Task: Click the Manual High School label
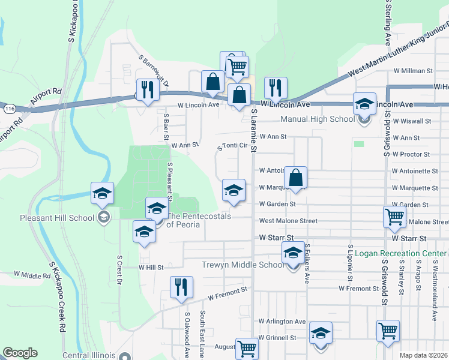tap(318, 119)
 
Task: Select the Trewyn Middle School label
tap(243, 265)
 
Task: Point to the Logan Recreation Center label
tap(400, 253)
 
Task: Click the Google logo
tap(20, 353)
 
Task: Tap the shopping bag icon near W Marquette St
tap(295, 178)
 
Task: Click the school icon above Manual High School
tap(364, 104)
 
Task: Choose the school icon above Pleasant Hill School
tap(102, 193)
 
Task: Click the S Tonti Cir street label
tap(232, 145)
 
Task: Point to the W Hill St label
tap(151, 268)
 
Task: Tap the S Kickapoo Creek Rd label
tap(57, 296)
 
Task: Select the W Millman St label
tap(413, 71)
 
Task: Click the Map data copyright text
tap(424, 355)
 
